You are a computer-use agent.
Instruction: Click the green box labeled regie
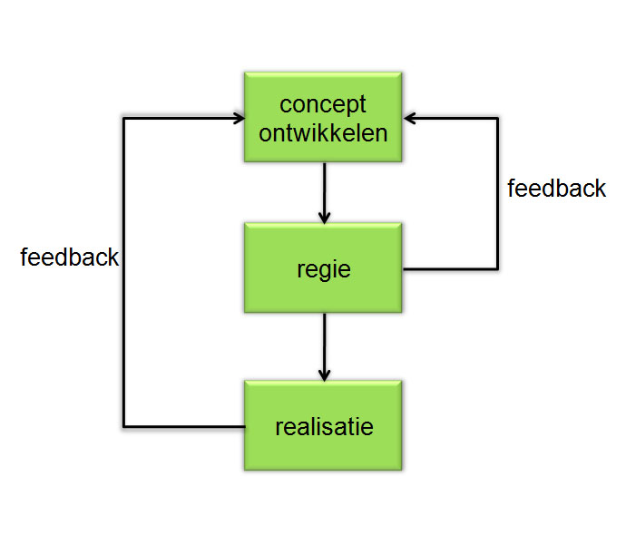(323, 267)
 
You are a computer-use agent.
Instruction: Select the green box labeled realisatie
(323, 425)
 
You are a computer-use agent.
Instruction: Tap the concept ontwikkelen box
(323, 117)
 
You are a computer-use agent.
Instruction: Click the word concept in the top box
(323, 105)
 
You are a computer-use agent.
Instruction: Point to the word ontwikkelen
(323, 133)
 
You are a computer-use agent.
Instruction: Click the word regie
(324, 270)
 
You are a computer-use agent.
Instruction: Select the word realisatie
(324, 426)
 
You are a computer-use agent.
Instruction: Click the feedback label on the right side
(556, 188)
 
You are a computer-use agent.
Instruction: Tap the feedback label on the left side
(70, 257)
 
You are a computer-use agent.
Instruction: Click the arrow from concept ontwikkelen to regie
(324, 193)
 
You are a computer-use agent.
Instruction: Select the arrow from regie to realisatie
(324, 347)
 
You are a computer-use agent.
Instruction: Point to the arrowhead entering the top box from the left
(240, 118)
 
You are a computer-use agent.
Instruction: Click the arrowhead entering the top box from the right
(409, 118)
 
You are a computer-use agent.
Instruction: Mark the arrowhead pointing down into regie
(324, 218)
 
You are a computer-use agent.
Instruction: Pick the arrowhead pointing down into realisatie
(324, 375)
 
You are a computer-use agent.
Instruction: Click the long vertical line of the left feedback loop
(123, 273)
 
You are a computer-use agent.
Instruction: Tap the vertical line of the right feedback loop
(497, 193)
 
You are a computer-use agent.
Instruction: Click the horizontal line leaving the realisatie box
(184, 427)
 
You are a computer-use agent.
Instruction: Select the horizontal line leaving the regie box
(451, 269)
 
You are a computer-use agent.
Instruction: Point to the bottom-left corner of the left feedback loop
(123, 427)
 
